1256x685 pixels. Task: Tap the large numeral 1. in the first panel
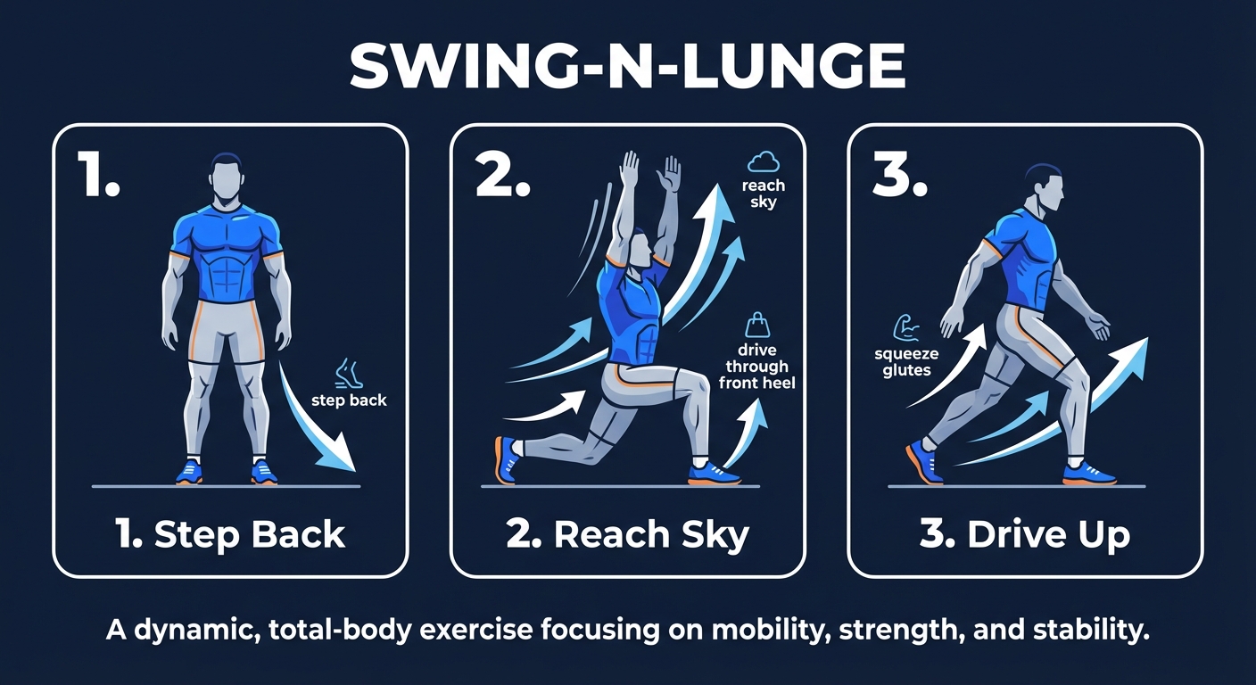95,174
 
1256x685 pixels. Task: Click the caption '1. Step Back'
230,534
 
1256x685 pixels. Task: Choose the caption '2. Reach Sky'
627,534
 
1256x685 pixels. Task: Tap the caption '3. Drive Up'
1025,534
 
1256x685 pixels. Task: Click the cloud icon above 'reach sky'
764,162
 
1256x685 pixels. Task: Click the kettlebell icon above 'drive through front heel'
756,324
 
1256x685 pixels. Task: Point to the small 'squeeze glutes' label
906,362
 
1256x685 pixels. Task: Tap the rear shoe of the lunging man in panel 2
508,458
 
